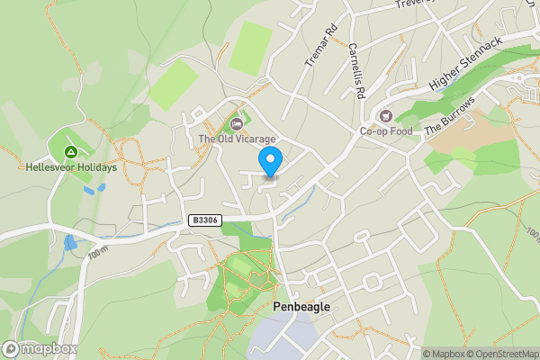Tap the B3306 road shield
tap(204, 220)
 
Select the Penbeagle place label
tap(301, 307)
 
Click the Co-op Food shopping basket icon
tap(386, 115)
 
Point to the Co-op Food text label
tap(386, 131)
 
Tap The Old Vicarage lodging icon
tap(237, 123)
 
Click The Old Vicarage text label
tap(237, 139)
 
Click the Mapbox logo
tap(38, 348)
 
